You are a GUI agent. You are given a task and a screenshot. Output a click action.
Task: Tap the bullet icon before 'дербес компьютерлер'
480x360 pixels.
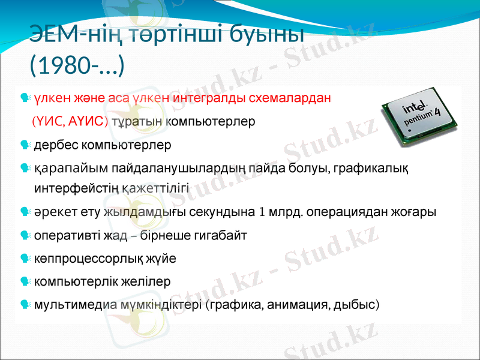[24, 145]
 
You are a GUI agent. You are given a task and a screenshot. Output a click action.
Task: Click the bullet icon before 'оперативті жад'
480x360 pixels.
[24, 235]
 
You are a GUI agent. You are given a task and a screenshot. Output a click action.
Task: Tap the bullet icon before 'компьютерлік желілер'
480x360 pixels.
[24, 281]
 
